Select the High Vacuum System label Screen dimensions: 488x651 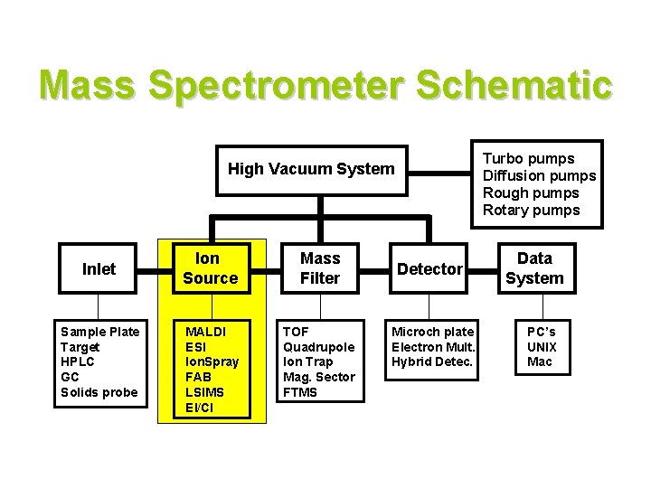point(311,168)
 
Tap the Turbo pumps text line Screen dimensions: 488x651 point(529,159)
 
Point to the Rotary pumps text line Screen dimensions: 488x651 point(532,211)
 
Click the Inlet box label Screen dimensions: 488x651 point(99,268)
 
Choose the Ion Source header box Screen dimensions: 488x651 point(210,268)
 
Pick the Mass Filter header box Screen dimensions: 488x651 point(320,268)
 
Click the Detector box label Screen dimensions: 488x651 point(430,268)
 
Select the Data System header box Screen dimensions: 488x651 point(533,268)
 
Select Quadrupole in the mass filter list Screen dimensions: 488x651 point(318,346)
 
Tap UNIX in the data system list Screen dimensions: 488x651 point(542,346)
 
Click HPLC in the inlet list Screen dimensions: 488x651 point(77,361)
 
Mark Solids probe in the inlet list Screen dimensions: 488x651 point(99,391)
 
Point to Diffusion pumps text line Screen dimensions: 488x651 point(539,176)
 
